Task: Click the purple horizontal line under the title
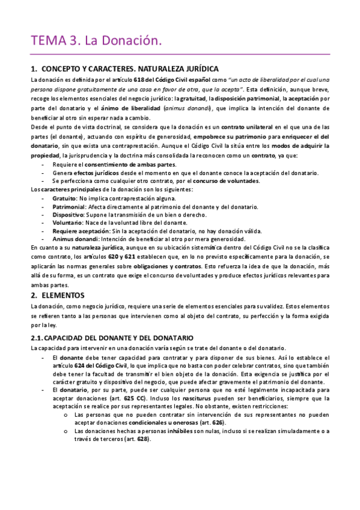[x=180, y=54]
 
